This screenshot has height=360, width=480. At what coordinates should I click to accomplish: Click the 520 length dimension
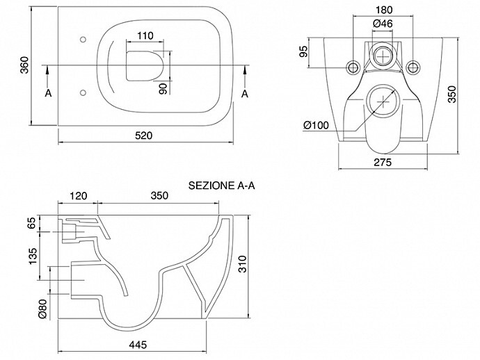(143, 135)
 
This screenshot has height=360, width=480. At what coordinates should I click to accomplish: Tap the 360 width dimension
(24, 67)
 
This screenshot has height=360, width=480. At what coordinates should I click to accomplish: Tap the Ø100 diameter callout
(317, 126)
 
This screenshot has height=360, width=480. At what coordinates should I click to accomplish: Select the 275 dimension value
(382, 161)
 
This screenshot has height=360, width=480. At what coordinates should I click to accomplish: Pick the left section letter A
(47, 92)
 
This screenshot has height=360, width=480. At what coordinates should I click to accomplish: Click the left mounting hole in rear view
(353, 67)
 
